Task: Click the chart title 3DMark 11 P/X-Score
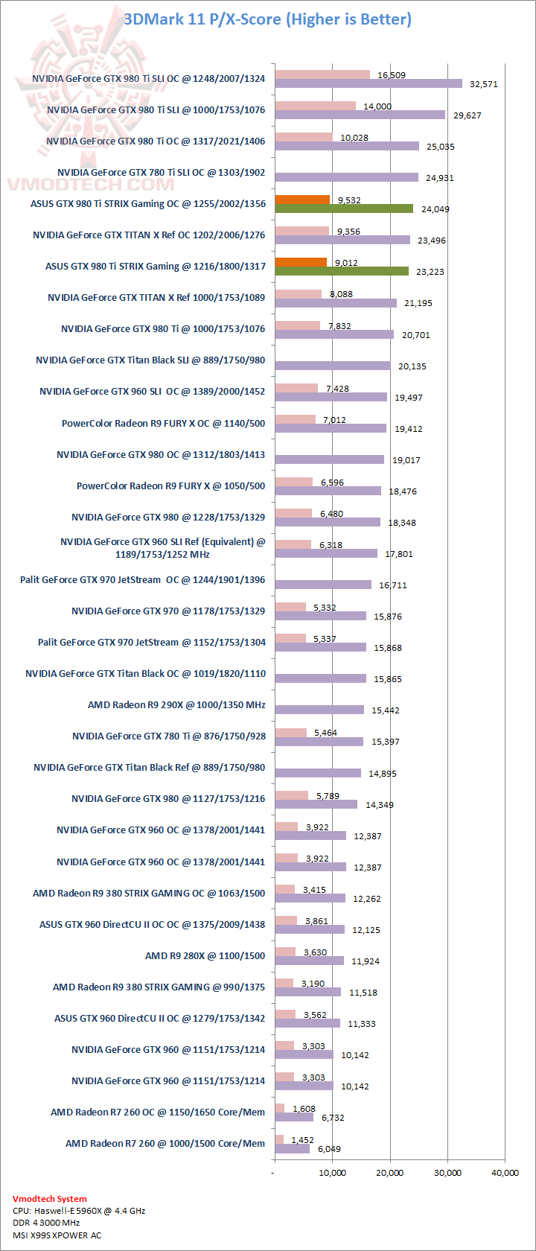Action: tap(267, 19)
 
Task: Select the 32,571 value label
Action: tap(484, 84)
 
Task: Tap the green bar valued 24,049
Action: tap(344, 208)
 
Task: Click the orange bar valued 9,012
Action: tap(301, 262)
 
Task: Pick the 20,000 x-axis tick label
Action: tap(390, 1173)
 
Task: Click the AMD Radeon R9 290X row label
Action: tap(176, 704)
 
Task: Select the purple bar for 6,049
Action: tap(292, 1149)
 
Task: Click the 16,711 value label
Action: tap(393, 585)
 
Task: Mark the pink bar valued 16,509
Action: tap(322, 74)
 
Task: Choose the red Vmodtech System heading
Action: tap(50, 1199)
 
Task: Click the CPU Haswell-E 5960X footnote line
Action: tap(79, 1211)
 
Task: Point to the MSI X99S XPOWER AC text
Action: tap(57, 1235)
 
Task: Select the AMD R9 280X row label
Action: tap(205, 955)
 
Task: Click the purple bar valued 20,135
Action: tap(333, 366)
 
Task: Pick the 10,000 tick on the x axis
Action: tap(333, 1173)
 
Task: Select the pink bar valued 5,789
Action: tap(291, 795)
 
